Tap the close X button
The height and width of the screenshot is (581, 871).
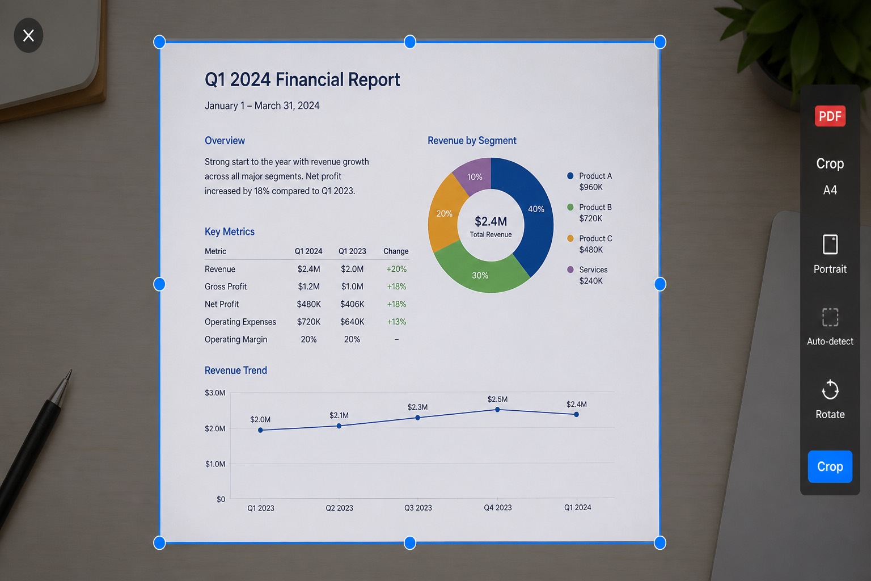tap(28, 35)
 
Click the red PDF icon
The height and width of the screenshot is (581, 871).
tap(830, 116)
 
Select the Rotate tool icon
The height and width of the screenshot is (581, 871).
tap(830, 390)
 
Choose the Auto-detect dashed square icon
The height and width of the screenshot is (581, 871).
tap(830, 317)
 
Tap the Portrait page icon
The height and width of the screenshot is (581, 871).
tap(830, 245)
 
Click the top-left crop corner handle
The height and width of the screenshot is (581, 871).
tap(159, 42)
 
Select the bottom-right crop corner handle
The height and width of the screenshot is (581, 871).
tap(660, 542)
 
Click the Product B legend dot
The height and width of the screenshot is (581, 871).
tap(570, 207)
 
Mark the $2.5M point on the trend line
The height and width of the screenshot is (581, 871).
tap(497, 410)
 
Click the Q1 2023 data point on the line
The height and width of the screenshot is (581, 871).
tap(260, 430)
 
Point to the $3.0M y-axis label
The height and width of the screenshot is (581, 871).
tap(215, 393)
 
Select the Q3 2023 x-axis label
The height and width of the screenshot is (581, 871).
tap(418, 508)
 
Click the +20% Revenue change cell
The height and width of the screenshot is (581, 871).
tap(396, 269)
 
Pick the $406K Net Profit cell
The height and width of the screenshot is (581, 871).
tap(352, 304)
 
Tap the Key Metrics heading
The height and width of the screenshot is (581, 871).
tap(230, 231)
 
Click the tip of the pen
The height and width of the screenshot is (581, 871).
tap(71, 370)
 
